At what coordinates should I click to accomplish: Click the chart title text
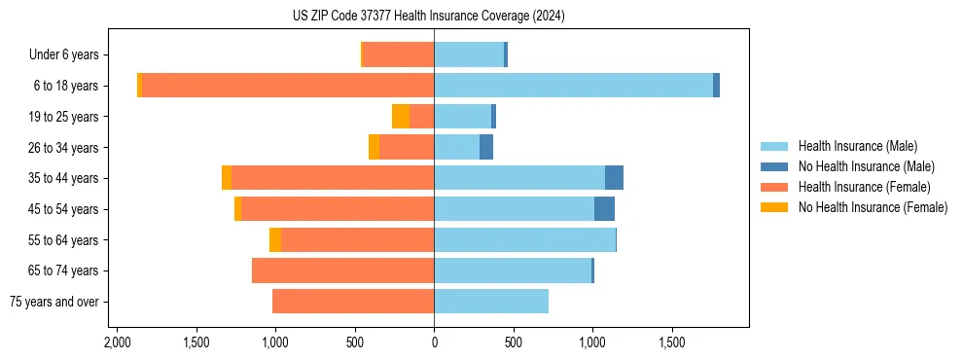(x=428, y=17)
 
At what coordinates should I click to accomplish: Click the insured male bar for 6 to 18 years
(x=573, y=86)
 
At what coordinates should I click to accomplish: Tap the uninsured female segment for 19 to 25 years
(x=401, y=117)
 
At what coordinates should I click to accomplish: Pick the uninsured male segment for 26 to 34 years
(x=486, y=147)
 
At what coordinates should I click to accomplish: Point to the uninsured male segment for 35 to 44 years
(x=614, y=178)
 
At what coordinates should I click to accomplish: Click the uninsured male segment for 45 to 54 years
(x=604, y=209)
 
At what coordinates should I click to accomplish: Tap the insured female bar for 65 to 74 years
(x=342, y=270)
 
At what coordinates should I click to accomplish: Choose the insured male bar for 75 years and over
(x=491, y=302)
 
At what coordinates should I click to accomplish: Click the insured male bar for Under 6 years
(x=469, y=54)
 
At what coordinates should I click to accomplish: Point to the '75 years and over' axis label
(x=53, y=303)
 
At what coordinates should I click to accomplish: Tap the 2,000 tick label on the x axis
(x=117, y=342)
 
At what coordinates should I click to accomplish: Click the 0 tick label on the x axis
(x=434, y=342)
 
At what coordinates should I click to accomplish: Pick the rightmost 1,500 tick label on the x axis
(x=672, y=342)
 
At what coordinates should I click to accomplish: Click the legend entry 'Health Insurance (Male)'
(x=857, y=146)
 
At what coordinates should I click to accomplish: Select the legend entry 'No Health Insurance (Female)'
(x=873, y=207)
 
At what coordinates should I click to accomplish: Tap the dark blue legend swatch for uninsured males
(x=775, y=166)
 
